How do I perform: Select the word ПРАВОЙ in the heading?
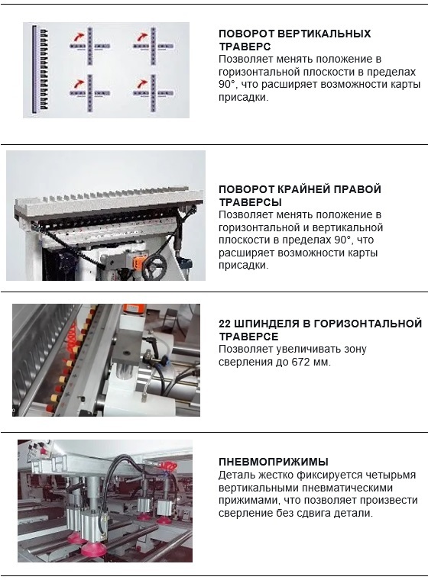[x=357, y=189]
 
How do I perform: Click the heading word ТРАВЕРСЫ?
[x=250, y=202]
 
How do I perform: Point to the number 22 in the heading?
[x=225, y=324]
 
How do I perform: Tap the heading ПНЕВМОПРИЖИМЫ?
[x=274, y=462]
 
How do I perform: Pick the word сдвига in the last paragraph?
[x=314, y=514]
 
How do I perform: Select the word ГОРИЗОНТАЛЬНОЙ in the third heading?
[x=368, y=324]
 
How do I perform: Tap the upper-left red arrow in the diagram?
[x=78, y=37]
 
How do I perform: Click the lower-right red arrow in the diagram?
[x=141, y=84]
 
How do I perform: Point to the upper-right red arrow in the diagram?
[x=142, y=37]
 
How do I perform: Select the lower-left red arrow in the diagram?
[x=78, y=84]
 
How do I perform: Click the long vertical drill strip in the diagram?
[x=34, y=69]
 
